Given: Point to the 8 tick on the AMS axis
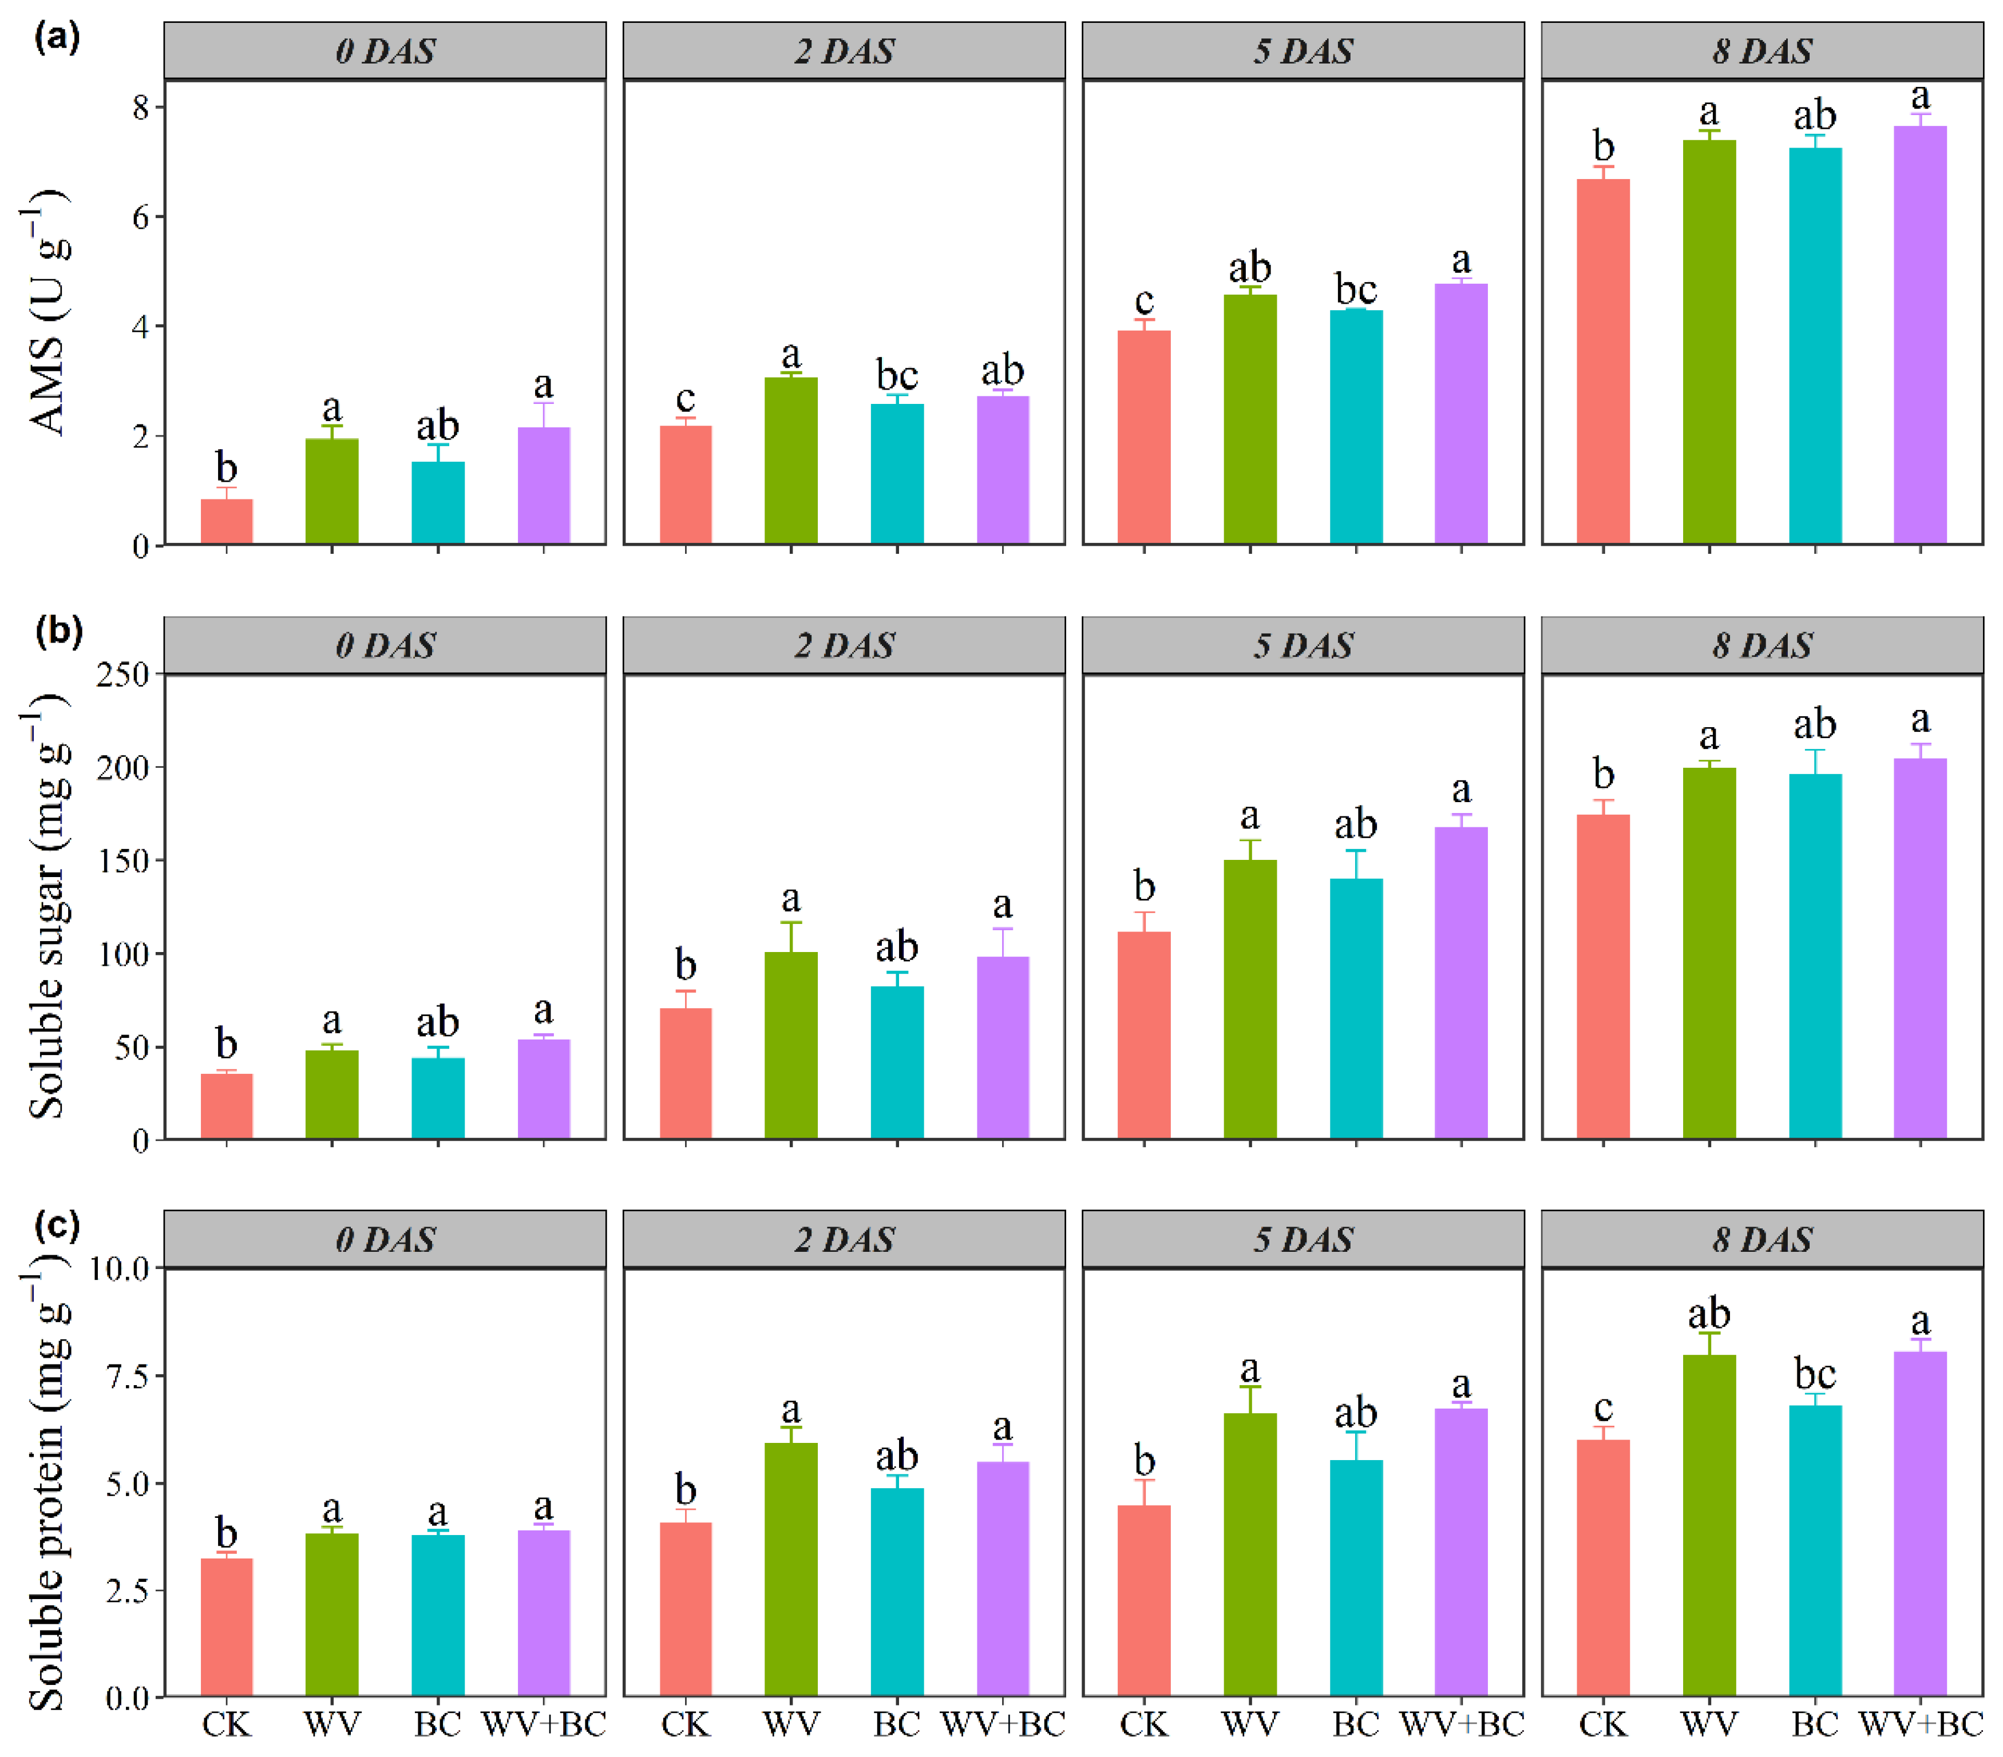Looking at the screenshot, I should (x=141, y=107).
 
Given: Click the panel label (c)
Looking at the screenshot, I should (x=57, y=1224).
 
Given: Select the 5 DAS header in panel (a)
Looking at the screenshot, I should (x=1303, y=51).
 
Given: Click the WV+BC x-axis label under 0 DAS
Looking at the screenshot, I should (x=544, y=1724).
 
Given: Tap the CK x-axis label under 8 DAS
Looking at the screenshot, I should (x=1603, y=1724).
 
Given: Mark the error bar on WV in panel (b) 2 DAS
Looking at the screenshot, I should (x=791, y=936).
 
